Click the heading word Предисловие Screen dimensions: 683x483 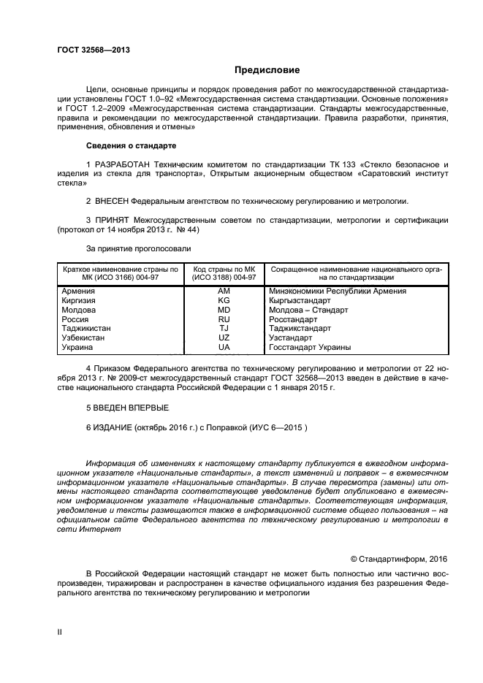(267, 71)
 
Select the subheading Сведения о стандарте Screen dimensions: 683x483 (131, 145)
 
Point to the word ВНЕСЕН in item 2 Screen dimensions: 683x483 (115, 201)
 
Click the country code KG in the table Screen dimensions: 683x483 (224, 300)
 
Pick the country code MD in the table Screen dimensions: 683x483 (224, 310)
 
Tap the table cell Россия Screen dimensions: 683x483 (75, 319)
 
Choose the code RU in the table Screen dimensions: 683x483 (224, 319)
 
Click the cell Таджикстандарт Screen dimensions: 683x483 (300, 329)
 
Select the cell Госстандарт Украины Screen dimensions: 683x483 (310, 348)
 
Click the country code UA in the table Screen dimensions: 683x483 (224, 348)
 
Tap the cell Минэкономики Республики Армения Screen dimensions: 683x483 (338, 291)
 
